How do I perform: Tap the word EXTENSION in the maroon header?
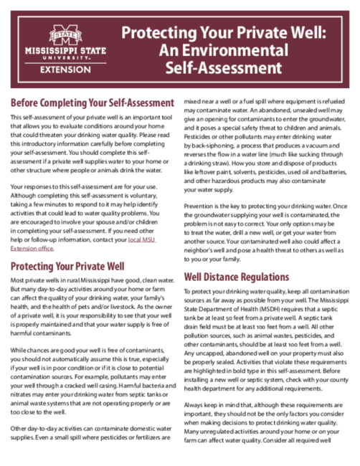coord(65,70)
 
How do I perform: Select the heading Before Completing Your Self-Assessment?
coord(93,103)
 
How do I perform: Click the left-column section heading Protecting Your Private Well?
coord(72,266)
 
